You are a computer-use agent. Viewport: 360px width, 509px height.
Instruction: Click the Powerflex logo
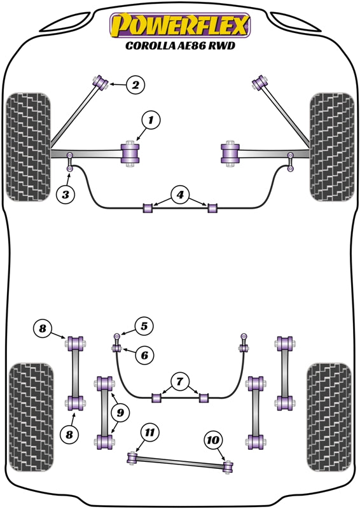pos(180,26)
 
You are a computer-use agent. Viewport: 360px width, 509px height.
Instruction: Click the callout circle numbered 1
pos(151,119)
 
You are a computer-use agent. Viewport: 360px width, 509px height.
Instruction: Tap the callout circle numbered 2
pos(135,84)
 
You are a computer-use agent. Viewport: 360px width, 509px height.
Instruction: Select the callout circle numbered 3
pos(66,194)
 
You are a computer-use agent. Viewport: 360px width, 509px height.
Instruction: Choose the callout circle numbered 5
pos(144,326)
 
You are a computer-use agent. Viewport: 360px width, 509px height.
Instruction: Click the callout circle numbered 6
pos(144,355)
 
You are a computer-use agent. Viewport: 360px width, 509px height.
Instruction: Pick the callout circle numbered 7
pos(180,382)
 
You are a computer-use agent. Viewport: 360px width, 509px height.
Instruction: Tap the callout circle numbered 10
pos(213,439)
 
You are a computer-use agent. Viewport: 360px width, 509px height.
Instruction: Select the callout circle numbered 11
pos(149,433)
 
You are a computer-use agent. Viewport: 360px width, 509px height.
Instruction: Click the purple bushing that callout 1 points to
pos(130,154)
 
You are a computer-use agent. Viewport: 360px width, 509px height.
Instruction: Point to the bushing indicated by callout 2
pos(100,81)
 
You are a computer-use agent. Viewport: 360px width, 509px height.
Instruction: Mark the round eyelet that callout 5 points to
pos(118,336)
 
